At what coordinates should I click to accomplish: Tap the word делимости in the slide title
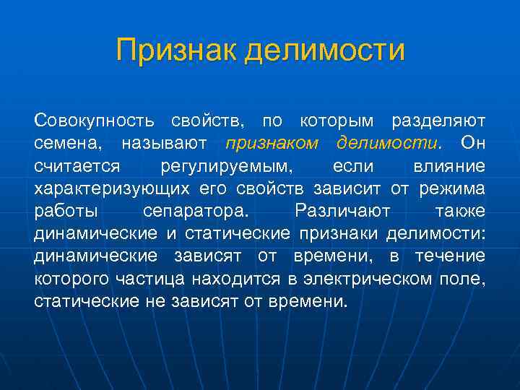(x=324, y=51)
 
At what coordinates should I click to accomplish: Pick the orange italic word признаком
(x=272, y=143)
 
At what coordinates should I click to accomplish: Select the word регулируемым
(x=226, y=166)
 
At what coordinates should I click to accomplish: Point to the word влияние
(x=448, y=166)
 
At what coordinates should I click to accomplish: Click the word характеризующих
(x=110, y=189)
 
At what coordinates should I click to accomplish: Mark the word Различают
(x=342, y=212)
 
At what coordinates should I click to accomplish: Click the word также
(x=460, y=212)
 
